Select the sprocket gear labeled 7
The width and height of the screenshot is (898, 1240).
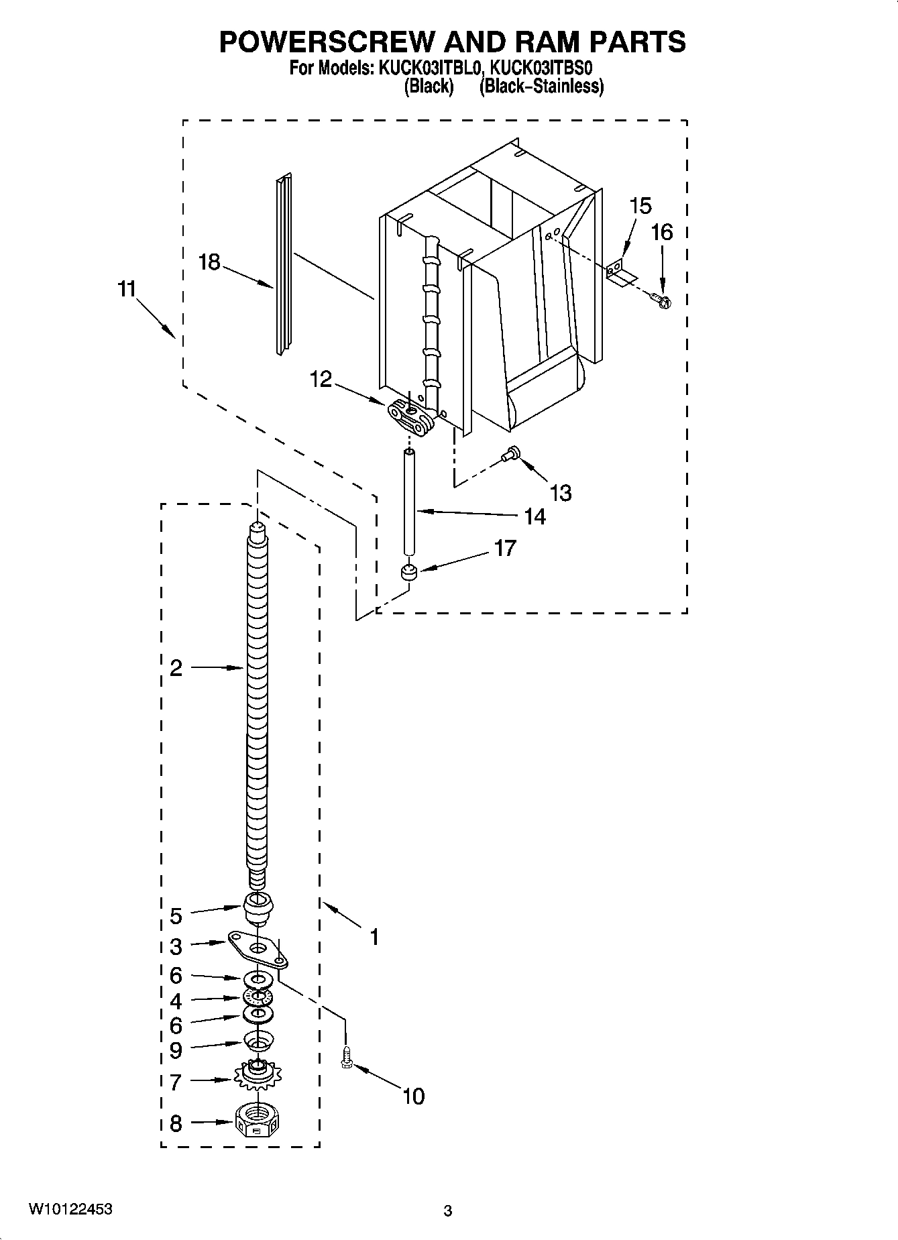coord(258,1078)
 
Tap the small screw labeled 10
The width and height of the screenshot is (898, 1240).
coord(347,1058)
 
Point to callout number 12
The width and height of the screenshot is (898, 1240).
coord(321,380)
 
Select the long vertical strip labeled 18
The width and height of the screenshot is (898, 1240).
coord(284,264)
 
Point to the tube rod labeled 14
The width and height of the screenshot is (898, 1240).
coord(408,502)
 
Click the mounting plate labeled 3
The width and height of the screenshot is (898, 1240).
coord(258,948)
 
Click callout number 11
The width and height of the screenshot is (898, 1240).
coord(127,289)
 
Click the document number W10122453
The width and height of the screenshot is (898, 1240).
coord(70,1209)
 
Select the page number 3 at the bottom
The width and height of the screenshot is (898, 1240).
coord(448,1211)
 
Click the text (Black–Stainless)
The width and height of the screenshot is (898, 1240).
coord(541,87)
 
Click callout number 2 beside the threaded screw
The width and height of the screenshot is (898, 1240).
coord(176,667)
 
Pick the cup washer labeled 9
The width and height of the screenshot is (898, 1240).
coord(258,1042)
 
